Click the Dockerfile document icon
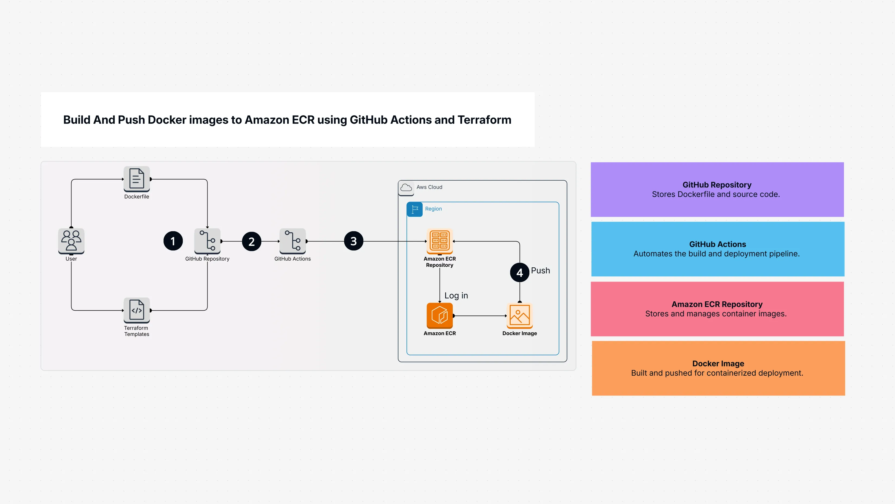pyautogui.click(x=137, y=178)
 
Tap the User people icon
pyautogui.click(x=71, y=241)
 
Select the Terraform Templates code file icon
pyautogui.click(x=137, y=310)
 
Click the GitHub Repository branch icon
pyautogui.click(x=208, y=241)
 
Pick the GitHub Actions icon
pyautogui.click(x=293, y=241)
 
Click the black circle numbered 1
pyautogui.click(x=173, y=241)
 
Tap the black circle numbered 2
pyautogui.click(x=252, y=241)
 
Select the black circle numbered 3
pyautogui.click(x=353, y=241)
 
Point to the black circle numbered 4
pyautogui.click(x=519, y=272)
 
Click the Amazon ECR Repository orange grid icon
pyautogui.click(x=439, y=240)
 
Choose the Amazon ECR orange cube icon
pyautogui.click(x=439, y=316)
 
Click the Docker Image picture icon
pyautogui.click(x=519, y=316)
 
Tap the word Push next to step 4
pyautogui.click(x=540, y=270)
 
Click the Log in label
pyautogui.click(x=456, y=295)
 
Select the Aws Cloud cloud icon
pyautogui.click(x=406, y=188)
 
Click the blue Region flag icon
pyautogui.click(x=414, y=209)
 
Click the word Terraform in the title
pyautogui.click(x=484, y=120)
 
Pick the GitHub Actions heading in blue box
pyautogui.click(x=717, y=244)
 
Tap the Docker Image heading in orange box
pyautogui.click(x=718, y=363)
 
